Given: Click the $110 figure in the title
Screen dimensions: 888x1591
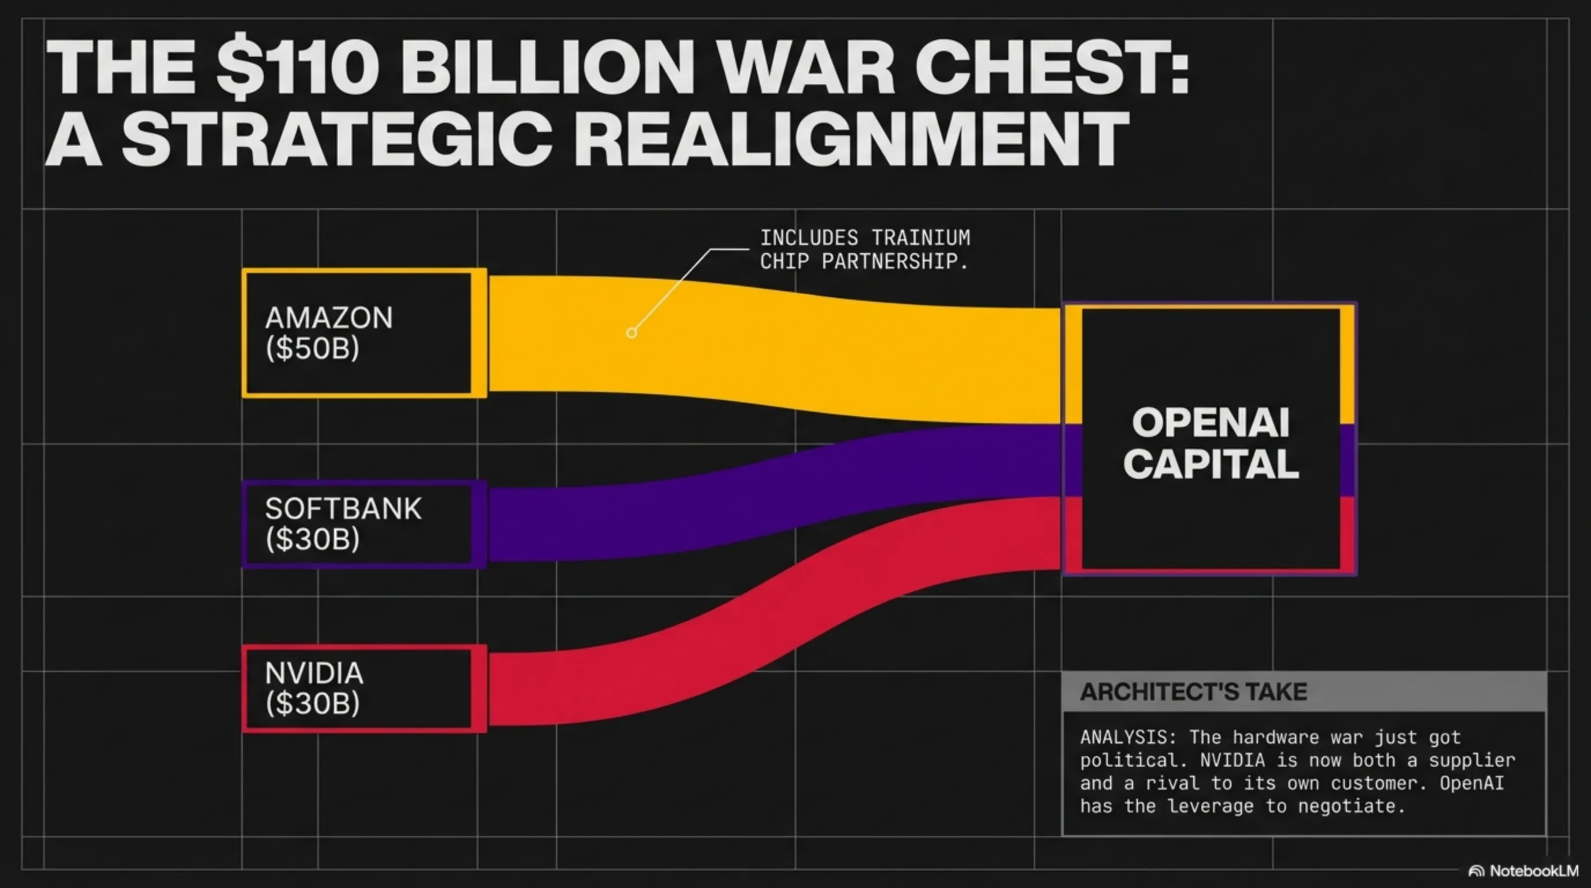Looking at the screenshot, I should (x=297, y=67).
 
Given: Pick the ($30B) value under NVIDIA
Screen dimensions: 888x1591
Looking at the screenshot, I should (x=312, y=704).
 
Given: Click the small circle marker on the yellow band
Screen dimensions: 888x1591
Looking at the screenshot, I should (x=631, y=333).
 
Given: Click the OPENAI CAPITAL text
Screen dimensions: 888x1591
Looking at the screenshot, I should (x=1211, y=443).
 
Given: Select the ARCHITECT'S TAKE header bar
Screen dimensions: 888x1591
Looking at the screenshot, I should (x=1303, y=691).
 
